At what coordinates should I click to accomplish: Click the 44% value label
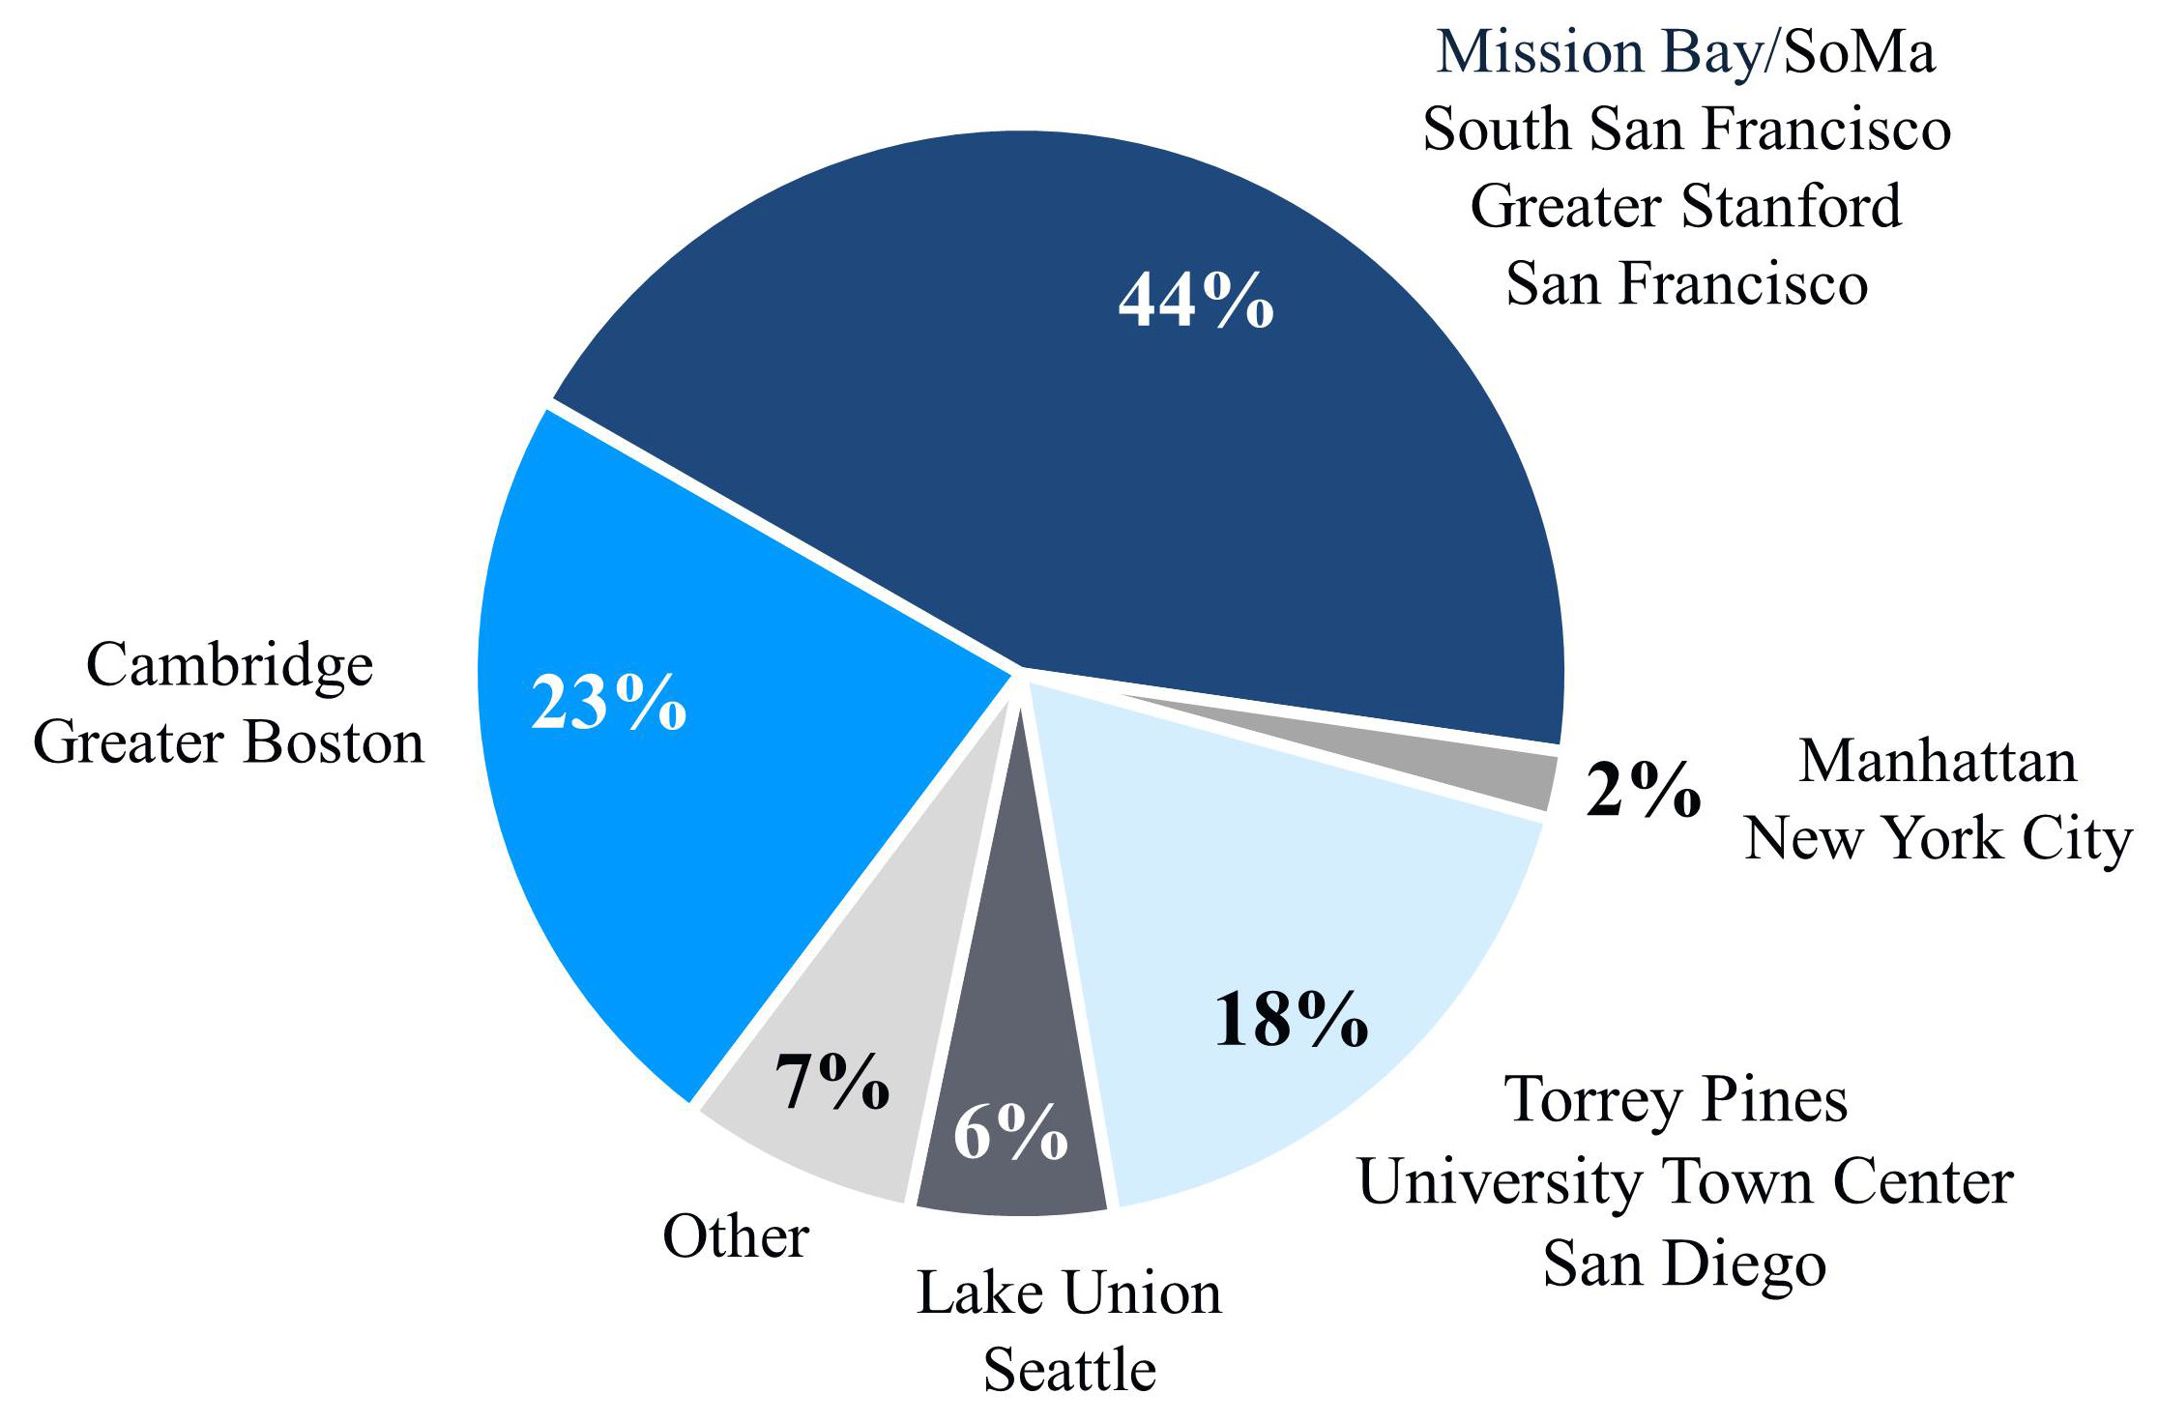click(x=1196, y=301)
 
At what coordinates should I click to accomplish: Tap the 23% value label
click(x=609, y=703)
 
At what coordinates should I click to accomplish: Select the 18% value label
click(x=1291, y=1020)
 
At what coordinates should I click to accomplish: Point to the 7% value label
click(x=832, y=1082)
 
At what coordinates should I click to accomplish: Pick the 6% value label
click(x=1010, y=1132)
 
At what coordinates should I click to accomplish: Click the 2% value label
click(x=1643, y=791)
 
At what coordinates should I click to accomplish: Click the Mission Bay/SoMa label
click(x=1685, y=52)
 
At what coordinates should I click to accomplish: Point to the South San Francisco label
click(x=1686, y=130)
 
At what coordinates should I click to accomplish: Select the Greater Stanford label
click(x=1685, y=207)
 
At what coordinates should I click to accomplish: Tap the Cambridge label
click(x=229, y=666)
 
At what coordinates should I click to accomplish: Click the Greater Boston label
click(x=229, y=743)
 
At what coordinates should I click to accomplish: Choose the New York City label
click(x=1938, y=838)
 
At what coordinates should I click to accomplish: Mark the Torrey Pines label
click(x=1676, y=1100)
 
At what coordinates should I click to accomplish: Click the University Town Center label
click(x=1685, y=1181)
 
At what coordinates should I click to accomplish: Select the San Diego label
click(x=1684, y=1263)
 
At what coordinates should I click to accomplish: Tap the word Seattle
click(x=1069, y=1370)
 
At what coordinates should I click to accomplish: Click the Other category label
click(x=736, y=1236)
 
